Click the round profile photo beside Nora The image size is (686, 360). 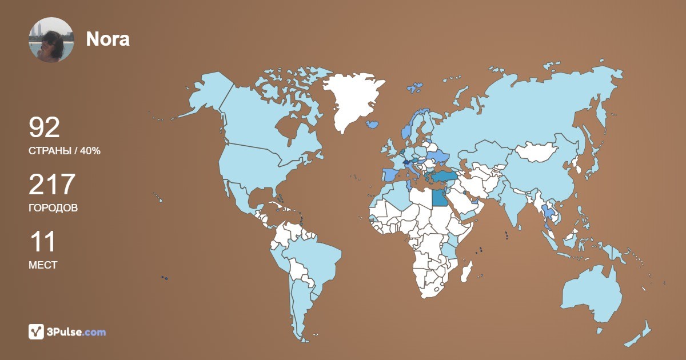point(51,39)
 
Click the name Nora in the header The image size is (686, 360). point(107,39)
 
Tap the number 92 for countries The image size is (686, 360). point(44,128)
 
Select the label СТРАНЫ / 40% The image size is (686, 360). point(65,151)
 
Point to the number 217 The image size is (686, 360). point(52,185)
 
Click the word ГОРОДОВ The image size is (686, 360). point(53,208)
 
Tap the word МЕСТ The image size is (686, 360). point(43,265)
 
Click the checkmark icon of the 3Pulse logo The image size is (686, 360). point(36,331)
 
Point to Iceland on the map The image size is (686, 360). point(373,123)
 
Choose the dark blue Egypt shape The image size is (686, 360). point(439,198)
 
